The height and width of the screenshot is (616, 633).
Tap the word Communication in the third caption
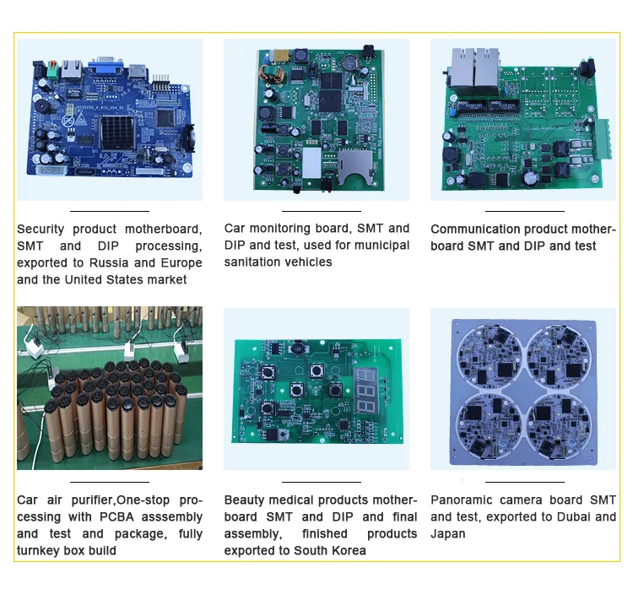pyautogui.click(x=475, y=229)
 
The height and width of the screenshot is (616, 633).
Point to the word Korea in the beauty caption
pyautogui.click(x=348, y=550)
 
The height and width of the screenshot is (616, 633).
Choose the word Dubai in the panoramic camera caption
pyautogui.click(x=572, y=516)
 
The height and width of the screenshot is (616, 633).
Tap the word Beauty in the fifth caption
pyautogui.click(x=244, y=500)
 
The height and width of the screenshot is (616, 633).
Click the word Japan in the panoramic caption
pyautogui.click(x=447, y=533)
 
